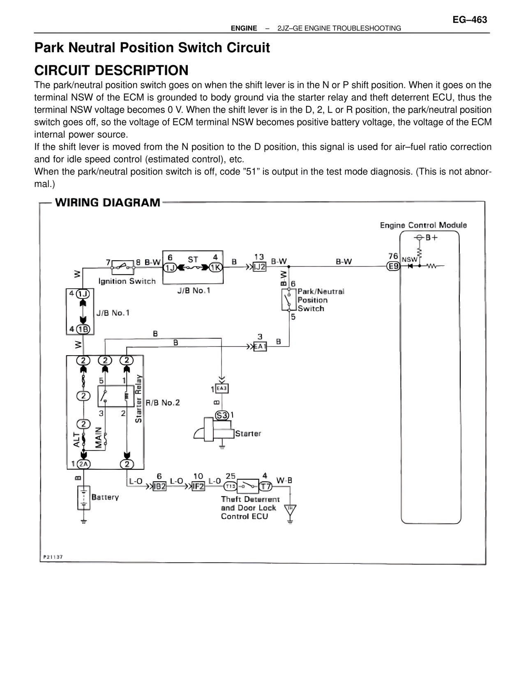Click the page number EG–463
click(x=470, y=20)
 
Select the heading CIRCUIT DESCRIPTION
click(x=111, y=70)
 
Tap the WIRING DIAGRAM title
click(x=108, y=202)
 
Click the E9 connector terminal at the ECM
click(x=394, y=266)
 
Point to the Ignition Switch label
click(x=127, y=281)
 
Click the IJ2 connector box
click(x=259, y=266)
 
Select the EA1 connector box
click(x=260, y=347)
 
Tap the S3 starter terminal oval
click(x=222, y=415)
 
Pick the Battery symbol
click(x=83, y=498)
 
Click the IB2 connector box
click(x=159, y=487)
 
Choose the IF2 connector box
click(x=198, y=487)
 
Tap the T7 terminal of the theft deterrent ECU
click(x=265, y=487)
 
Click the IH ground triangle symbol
click(x=291, y=509)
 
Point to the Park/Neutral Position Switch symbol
click(x=288, y=300)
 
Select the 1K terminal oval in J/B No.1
click(x=215, y=268)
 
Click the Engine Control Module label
click(x=423, y=225)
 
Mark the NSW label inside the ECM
click(x=409, y=260)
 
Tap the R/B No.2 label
click(x=163, y=403)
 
